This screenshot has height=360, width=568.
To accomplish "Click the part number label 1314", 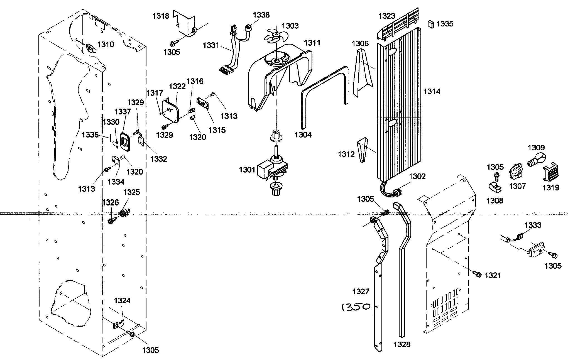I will [x=432, y=91].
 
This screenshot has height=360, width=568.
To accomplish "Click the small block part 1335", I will [x=430, y=24].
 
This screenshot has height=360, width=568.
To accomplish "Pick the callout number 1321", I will [x=493, y=275].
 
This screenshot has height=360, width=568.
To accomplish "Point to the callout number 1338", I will [x=261, y=15].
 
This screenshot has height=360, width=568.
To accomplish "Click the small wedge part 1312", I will [x=362, y=150].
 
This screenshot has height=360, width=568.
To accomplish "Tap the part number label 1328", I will [x=402, y=344].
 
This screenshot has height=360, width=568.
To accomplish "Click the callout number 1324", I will [x=122, y=301].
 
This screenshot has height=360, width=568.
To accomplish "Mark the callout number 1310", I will [x=106, y=45].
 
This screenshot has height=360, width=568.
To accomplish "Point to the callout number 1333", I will [x=533, y=225].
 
